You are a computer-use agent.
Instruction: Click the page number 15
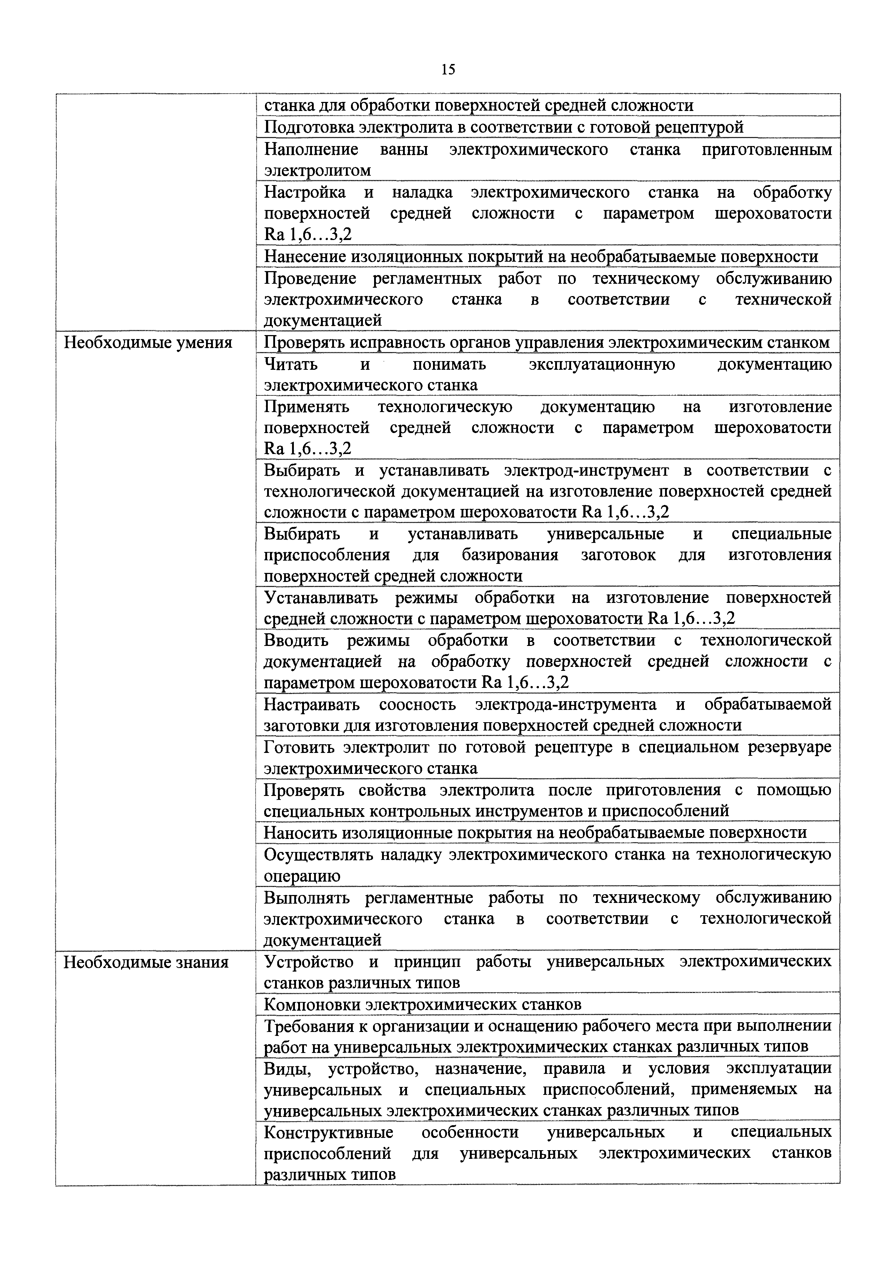tap(448, 70)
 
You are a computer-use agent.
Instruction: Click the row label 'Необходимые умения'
tap(148, 343)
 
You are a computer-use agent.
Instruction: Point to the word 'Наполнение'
tap(311, 150)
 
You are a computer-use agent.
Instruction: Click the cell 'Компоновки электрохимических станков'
tap(422, 1004)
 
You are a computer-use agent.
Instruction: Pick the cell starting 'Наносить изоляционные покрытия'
tap(535, 833)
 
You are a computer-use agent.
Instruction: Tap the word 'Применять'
tap(306, 407)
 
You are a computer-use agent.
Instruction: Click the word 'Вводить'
tap(296, 641)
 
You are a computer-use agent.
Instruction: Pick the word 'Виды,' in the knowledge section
tap(288, 1068)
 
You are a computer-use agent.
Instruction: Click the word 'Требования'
tap(307, 1026)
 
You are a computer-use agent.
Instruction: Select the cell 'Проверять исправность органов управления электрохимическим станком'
tap(546, 343)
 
